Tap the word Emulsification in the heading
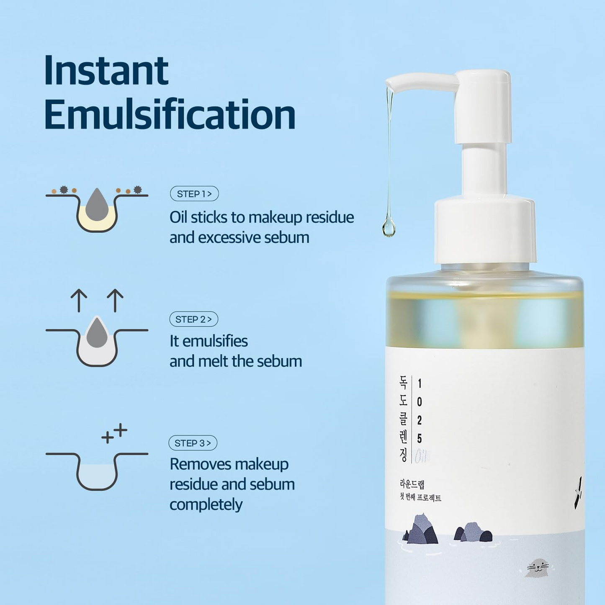[x=170, y=115]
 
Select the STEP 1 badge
[x=194, y=194]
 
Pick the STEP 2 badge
[x=193, y=319]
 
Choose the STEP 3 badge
[x=193, y=443]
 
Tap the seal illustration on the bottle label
[x=538, y=568]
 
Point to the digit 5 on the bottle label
[x=420, y=438]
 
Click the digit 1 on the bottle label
[x=420, y=384]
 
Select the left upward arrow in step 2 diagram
[x=79, y=300]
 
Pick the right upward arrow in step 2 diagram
[x=115, y=300]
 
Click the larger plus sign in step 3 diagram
[x=121, y=430]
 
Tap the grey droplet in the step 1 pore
[x=97, y=205]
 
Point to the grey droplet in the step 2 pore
[x=97, y=333]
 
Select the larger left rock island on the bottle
[x=422, y=530]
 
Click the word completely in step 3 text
[x=206, y=505]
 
